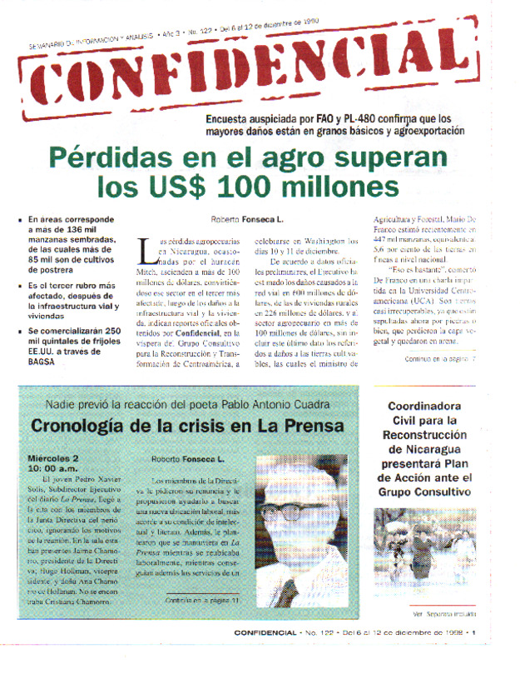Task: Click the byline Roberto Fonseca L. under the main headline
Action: (x=247, y=219)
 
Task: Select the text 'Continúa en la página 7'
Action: (x=440, y=336)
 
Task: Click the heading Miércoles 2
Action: (x=54, y=458)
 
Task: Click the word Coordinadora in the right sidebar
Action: (x=425, y=407)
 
